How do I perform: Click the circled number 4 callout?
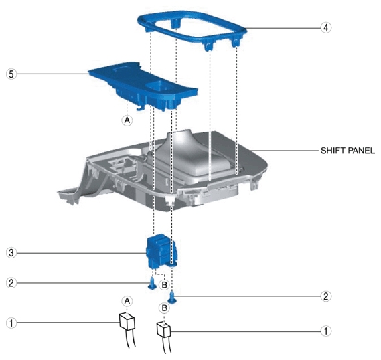point(326,27)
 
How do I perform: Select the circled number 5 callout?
point(11,74)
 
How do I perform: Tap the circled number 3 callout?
point(11,253)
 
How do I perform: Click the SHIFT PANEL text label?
point(348,151)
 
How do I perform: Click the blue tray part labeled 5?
point(143,85)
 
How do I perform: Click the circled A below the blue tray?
point(127,120)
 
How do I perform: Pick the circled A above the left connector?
point(127,301)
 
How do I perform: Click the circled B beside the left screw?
point(164,284)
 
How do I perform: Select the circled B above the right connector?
point(164,308)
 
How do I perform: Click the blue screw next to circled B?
point(152,284)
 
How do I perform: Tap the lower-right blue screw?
point(172,298)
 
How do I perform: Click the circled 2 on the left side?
point(11,283)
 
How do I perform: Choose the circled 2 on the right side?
point(326,296)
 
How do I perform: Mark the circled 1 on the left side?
point(11,323)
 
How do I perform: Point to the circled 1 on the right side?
point(326,331)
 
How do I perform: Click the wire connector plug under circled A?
point(127,322)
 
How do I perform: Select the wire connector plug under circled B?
point(164,330)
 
